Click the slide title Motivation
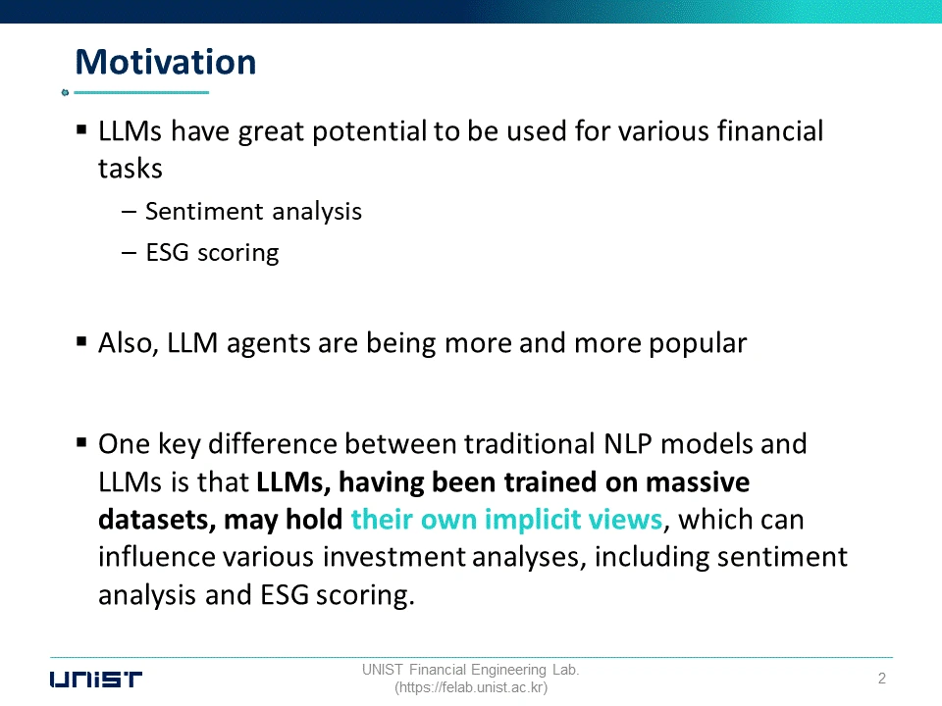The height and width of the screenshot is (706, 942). (x=166, y=62)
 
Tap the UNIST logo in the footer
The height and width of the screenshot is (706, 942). (x=96, y=679)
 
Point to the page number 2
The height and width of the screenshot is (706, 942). (x=882, y=679)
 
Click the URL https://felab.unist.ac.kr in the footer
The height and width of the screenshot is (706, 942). (x=471, y=687)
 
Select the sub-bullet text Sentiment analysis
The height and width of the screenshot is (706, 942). (x=253, y=212)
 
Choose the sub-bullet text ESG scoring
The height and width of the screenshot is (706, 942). (x=212, y=253)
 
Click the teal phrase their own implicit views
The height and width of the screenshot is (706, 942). (x=506, y=520)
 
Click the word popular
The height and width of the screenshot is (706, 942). (x=698, y=344)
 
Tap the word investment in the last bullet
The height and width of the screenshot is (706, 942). (x=393, y=557)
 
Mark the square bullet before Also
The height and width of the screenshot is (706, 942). (x=81, y=341)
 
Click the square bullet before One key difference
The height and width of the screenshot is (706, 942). (x=81, y=443)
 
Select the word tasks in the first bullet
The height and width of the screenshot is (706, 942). (x=131, y=169)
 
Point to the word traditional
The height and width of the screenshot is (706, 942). (x=529, y=444)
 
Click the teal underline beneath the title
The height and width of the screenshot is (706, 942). (x=141, y=92)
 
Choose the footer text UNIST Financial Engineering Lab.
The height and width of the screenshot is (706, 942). (x=470, y=670)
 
